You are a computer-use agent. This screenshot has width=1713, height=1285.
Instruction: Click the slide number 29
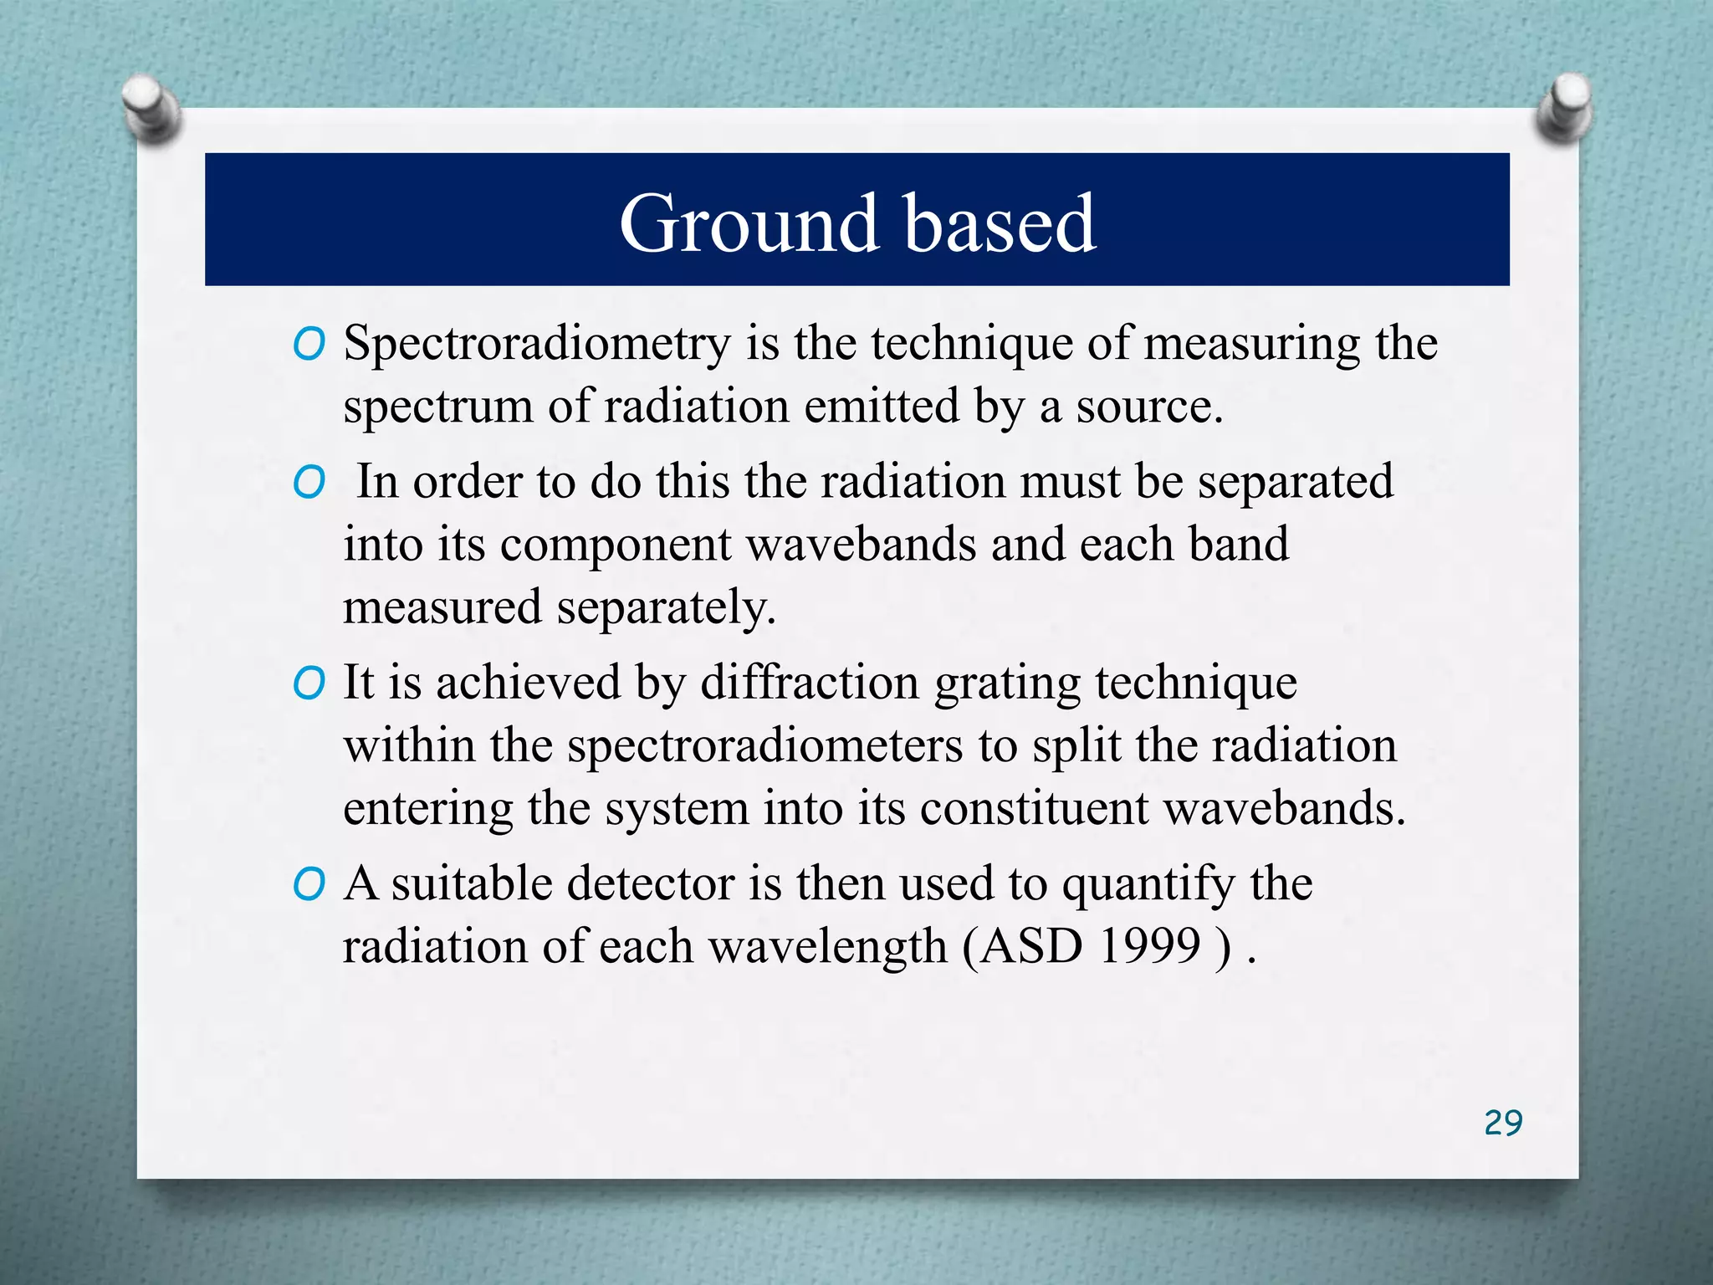point(1503,1123)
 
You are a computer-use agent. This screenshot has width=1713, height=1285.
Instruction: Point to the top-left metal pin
point(151,109)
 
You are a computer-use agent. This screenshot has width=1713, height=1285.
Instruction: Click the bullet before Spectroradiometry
point(309,345)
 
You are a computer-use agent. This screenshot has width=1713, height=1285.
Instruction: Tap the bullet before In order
point(309,483)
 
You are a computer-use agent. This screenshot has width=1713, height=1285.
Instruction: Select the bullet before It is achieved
point(309,684)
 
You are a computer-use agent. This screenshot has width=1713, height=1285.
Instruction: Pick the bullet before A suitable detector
point(309,885)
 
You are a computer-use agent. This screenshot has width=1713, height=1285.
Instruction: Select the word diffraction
point(809,683)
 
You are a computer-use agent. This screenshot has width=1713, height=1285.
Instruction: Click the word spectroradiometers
point(764,745)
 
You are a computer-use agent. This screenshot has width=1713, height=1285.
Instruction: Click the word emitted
point(882,407)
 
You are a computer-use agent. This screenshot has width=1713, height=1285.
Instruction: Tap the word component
point(616,545)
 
